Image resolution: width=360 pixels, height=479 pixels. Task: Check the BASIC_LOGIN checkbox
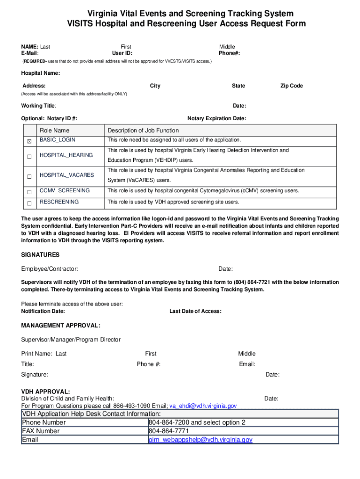click(29, 140)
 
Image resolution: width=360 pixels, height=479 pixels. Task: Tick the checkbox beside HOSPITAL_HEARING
click(29, 157)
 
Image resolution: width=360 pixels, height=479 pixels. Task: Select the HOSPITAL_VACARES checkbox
click(29, 176)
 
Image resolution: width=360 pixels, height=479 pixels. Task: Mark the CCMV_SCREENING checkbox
click(29, 192)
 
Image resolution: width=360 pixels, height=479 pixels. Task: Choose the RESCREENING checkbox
click(29, 203)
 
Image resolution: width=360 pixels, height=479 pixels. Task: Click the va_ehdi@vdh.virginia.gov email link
click(203, 406)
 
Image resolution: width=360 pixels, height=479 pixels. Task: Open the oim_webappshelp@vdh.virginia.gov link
click(201, 440)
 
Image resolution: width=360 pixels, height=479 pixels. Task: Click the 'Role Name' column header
click(54, 131)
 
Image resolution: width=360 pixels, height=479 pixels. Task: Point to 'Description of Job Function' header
click(143, 131)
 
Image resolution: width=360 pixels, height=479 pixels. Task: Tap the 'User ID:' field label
click(119, 53)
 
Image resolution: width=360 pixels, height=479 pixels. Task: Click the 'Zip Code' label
click(291, 86)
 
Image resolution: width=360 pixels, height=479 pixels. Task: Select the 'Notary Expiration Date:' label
click(216, 118)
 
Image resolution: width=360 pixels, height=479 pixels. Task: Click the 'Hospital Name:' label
click(40, 73)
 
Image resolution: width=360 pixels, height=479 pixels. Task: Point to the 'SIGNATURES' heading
click(40, 255)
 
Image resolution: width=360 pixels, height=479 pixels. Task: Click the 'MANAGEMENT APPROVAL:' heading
click(61, 326)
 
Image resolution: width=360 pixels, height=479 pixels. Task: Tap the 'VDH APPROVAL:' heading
click(46, 392)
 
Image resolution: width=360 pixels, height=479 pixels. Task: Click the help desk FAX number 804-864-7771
click(169, 431)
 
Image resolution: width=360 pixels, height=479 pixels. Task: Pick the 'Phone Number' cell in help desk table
click(44, 422)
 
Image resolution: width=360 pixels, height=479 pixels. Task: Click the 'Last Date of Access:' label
click(195, 312)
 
